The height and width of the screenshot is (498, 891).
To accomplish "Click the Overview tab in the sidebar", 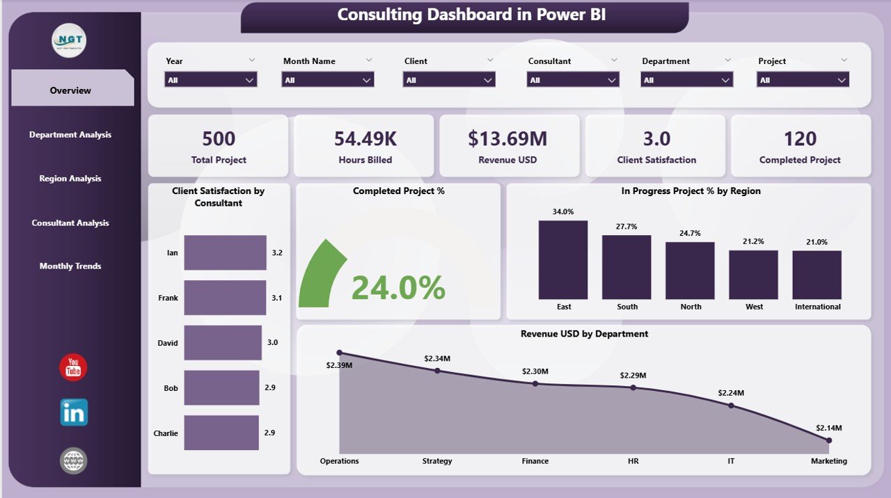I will click(70, 90).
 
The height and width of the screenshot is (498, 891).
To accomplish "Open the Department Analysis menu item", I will click(70, 135).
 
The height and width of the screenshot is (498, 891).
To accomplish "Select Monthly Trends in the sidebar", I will click(70, 266).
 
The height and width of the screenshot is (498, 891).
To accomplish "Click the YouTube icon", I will click(73, 368).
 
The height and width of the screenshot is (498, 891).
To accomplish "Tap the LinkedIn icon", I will click(74, 412).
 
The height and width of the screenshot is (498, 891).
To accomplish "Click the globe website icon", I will click(73, 460).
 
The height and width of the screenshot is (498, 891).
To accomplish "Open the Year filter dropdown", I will click(211, 80).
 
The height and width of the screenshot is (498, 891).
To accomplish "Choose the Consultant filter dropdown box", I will click(573, 80).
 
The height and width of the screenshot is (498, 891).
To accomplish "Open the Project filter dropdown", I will click(803, 80).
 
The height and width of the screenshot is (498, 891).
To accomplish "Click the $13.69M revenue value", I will click(507, 139).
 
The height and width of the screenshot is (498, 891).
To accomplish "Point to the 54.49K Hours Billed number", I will click(365, 139).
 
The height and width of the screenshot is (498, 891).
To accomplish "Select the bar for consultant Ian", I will click(225, 252).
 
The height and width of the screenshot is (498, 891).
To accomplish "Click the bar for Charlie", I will click(221, 433).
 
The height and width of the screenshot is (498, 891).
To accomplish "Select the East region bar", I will click(563, 260).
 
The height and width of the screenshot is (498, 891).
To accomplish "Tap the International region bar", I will click(817, 275).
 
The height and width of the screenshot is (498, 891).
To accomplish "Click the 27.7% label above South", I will click(626, 227).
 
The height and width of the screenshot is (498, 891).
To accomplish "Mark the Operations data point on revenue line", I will click(339, 353).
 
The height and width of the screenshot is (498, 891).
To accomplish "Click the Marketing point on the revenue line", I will click(828, 440).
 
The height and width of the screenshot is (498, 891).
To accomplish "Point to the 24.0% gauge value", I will click(398, 288).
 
